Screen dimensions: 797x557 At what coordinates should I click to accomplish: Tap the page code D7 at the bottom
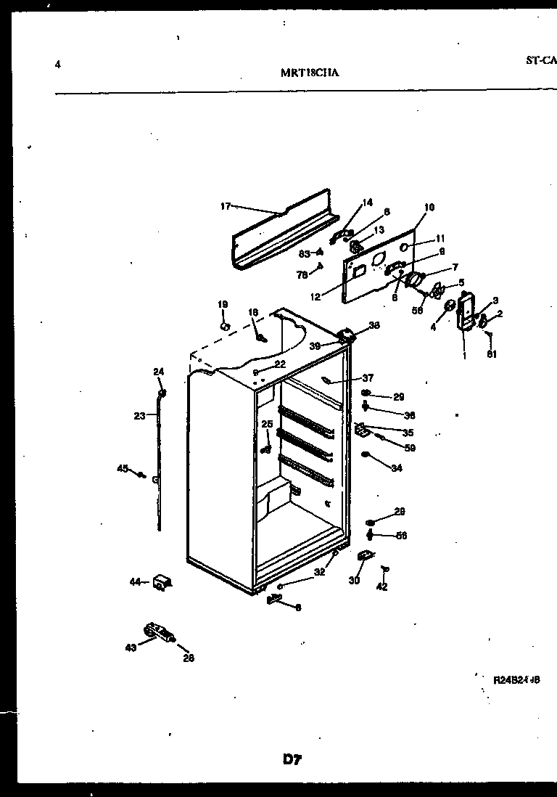292,760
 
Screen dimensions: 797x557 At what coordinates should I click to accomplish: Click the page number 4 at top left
57,65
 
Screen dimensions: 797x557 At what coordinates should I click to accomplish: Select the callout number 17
225,206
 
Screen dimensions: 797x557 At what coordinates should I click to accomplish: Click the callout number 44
135,581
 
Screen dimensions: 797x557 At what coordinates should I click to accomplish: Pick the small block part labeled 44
162,581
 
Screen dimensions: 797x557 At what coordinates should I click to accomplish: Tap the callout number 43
131,647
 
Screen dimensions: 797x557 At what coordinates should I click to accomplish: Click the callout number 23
139,415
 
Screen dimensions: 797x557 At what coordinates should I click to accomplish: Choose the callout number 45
122,468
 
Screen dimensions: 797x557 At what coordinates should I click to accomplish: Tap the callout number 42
382,586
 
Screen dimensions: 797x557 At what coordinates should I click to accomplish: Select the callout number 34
396,469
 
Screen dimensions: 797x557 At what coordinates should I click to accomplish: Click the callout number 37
368,377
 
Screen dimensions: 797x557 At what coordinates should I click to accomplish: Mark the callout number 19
223,304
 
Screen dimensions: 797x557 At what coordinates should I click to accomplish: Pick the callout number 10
429,208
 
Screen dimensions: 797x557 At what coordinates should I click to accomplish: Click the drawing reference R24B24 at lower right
516,680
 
